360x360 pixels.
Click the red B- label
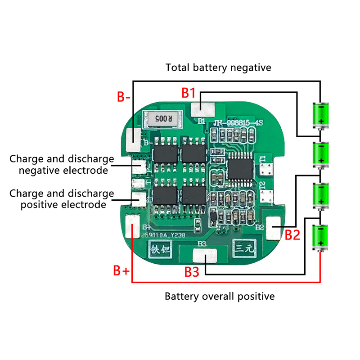click(x=124, y=97)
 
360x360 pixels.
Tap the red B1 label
click(x=188, y=93)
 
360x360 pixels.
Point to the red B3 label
click(x=192, y=272)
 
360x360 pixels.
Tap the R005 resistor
click(x=162, y=119)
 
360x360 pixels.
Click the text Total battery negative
click(x=218, y=68)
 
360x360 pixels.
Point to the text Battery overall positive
click(x=219, y=297)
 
